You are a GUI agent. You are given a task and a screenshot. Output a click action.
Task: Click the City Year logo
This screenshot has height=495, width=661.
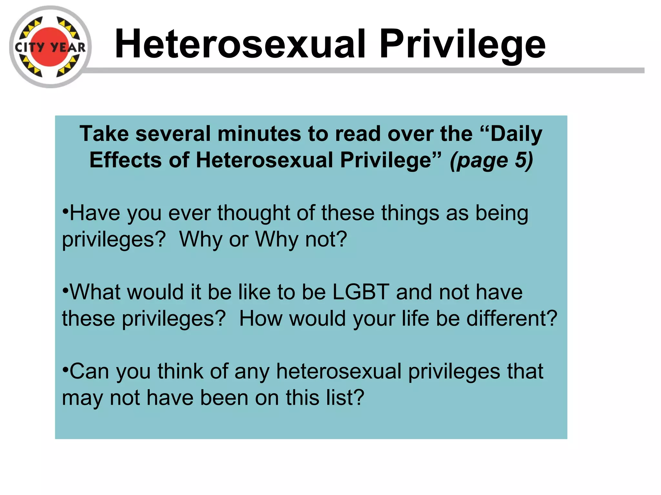[x=50, y=47]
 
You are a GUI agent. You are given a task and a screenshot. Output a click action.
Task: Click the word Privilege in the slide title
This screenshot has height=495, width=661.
[x=462, y=44]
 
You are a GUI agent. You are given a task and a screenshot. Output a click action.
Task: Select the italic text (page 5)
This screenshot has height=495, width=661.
[x=491, y=160]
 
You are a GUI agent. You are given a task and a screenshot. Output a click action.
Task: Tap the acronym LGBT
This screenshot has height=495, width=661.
[x=361, y=292]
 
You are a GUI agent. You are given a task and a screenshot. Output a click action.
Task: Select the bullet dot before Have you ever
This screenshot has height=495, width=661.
[x=66, y=211]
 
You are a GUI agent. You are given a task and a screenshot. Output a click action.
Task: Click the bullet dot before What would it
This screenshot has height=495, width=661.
[x=66, y=290]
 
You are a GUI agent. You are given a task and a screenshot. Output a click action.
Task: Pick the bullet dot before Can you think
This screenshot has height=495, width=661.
[x=66, y=369]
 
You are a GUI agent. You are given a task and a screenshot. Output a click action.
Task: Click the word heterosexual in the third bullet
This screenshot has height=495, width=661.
[x=339, y=371]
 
